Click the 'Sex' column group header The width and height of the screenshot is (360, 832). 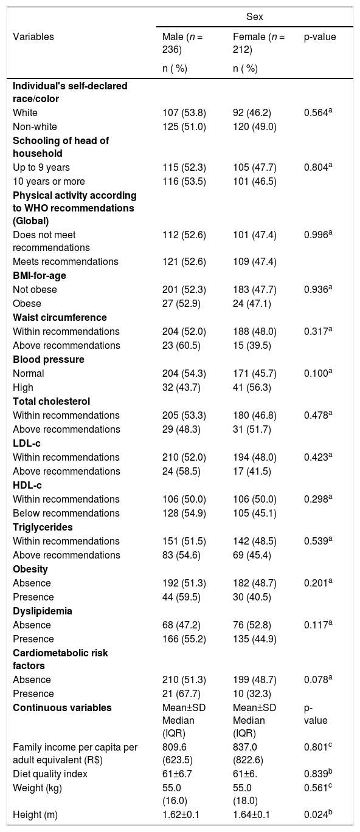point(254,17)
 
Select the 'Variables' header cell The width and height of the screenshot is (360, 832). point(33,37)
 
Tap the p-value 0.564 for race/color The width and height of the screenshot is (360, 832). point(318,112)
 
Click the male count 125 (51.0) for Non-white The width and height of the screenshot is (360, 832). point(184,126)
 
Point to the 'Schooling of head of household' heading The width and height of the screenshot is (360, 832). point(61,147)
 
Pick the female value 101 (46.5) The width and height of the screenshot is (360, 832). point(254,181)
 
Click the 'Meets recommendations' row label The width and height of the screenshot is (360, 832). point(66,261)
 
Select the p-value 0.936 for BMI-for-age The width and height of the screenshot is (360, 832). point(318,289)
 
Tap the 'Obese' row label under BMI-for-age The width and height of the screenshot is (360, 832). point(27,303)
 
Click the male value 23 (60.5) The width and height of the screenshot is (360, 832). point(181,345)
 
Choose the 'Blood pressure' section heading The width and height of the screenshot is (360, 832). point(49,360)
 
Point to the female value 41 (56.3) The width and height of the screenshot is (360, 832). point(252,387)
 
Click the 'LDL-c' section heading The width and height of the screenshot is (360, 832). point(27,444)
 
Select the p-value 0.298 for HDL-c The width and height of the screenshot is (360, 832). point(318,499)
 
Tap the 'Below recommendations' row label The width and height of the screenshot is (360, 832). point(66,514)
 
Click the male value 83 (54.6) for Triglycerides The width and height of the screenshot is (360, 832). point(181,555)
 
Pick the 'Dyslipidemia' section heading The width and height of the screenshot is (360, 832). point(43,611)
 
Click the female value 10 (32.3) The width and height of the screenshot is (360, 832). point(252,694)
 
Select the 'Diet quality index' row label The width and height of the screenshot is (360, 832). point(50,774)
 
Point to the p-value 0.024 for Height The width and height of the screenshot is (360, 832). point(318,814)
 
